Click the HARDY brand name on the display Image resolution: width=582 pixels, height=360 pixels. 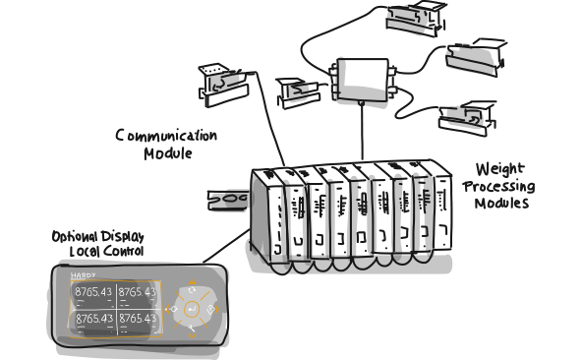pyautogui.click(x=84, y=275)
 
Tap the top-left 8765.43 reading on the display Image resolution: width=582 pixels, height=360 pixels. pyautogui.click(x=93, y=292)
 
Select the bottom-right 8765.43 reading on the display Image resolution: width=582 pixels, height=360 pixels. pyautogui.click(x=138, y=319)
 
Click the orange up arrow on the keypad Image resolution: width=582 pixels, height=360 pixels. pyautogui.click(x=192, y=282)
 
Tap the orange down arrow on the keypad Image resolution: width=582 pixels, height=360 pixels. pyautogui.click(x=192, y=335)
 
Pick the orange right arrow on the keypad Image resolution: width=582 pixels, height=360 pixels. pyautogui.click(x=216, y=309)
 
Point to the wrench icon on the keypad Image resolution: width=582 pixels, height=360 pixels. pyautogui.click(x=192, y=329)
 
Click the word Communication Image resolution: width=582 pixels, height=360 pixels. pyautogui.click(x=166, y=135)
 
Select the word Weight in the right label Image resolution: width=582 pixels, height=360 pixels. pyautogui.click(x=500, y=170)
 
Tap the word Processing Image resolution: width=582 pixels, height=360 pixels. pyautogui.click(x=498, y=187)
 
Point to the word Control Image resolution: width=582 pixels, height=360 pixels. pyautogui.click(x=123, y=251)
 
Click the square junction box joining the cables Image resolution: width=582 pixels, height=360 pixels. pyautogui.click(x=363, y=80)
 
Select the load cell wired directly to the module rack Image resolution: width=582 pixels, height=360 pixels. pyautogui.click(x=223, y=85)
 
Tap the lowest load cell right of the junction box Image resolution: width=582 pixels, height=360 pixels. pyautogui.click(x=468, y=118)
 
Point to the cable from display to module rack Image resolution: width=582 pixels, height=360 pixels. pyautogui.click(x=226, y=246)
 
